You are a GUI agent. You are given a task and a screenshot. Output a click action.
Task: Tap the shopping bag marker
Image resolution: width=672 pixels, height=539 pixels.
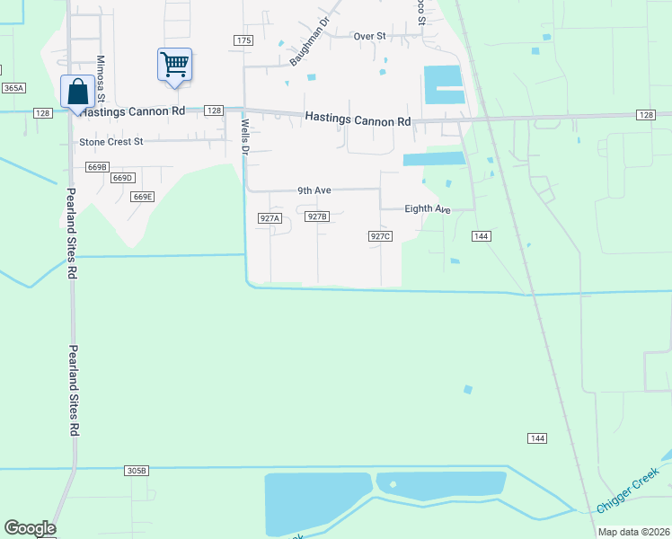click(77, 92)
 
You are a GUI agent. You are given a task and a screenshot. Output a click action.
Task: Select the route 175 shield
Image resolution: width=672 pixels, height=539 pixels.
click(243, 40)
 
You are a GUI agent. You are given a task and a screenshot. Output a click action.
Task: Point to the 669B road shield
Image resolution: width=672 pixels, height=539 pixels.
click(97, 167)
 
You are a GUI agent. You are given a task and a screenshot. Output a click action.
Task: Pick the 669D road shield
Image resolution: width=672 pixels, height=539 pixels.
click(122, 179)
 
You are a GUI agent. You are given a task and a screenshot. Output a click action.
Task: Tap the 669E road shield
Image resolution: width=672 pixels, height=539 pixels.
click(142, 197)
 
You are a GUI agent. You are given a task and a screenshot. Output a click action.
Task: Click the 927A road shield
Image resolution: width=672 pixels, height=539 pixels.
click(270, 218)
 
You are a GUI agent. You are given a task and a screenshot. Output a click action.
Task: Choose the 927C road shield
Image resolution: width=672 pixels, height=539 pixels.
click(380, 236)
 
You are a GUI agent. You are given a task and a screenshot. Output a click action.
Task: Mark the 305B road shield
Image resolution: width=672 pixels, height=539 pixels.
click(137, 471)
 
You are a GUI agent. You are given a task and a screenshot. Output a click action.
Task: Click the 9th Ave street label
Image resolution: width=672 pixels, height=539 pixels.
click(315, 190)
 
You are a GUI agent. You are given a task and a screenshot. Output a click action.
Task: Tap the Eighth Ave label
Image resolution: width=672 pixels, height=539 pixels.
click(427, 208)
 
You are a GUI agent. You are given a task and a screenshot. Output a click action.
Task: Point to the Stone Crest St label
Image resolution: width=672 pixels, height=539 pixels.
click(111, 142)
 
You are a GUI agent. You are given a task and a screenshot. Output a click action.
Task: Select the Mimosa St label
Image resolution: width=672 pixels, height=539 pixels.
click(102, 81)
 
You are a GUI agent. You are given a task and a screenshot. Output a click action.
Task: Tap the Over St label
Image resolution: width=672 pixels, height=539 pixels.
click(369, 36)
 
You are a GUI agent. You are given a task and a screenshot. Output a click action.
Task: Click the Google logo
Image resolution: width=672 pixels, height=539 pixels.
click(30, 528)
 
